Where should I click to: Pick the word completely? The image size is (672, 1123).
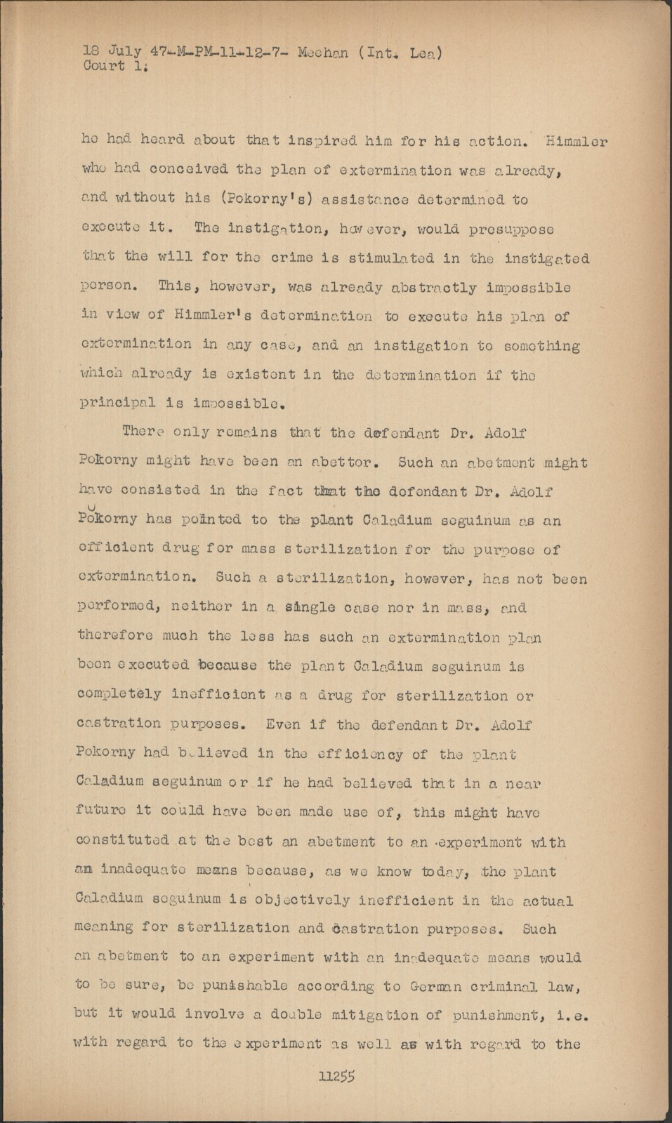pos(119,696)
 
